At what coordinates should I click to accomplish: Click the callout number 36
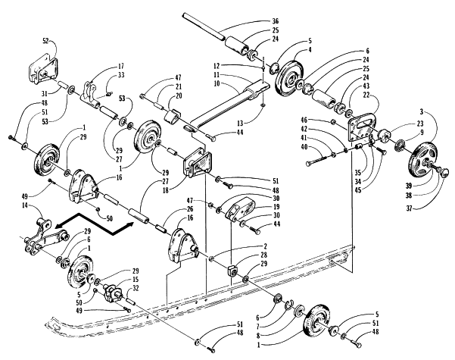tap(275, 21)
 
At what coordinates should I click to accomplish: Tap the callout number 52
tap(46, 41)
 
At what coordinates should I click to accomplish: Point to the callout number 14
tap(25, 205)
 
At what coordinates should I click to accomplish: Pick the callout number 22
tap(366, 95)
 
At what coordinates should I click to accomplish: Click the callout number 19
tap(276, 207)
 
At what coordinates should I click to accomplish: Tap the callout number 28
tap(263, 255)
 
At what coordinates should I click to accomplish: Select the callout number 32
tap(136, 288)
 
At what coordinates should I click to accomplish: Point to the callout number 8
tap(258, 336)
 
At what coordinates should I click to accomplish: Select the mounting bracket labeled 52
tap(43, 69)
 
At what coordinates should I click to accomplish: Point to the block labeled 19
tap(240, 208)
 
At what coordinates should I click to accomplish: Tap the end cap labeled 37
tap(444, 173)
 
